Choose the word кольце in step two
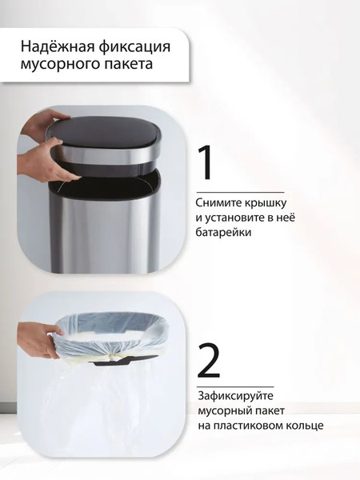(306, 425)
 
